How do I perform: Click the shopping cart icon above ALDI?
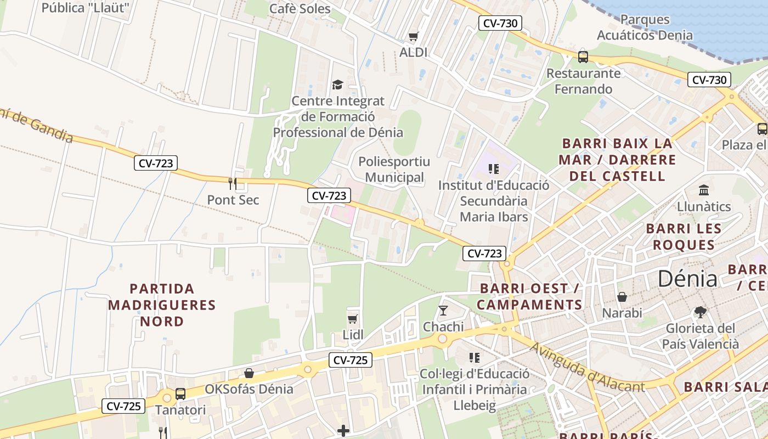tap(413, 36)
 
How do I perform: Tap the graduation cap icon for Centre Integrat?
tap(337, 85)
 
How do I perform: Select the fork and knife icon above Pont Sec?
tap(233, 183)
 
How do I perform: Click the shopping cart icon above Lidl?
tap(353, 318)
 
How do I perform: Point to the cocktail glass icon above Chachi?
tap(443, 311)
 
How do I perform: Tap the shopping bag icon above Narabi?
tap(622, 297)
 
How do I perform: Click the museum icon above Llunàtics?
tap(704, 190)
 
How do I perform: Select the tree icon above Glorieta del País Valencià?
tap(700, 312)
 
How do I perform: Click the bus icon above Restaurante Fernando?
tap(583, 57)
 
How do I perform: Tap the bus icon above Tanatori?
tap(180, 393)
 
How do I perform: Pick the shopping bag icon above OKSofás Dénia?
tap(249, 373)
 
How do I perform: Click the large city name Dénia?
tap(687, 279)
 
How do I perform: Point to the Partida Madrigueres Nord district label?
tap(162, 305)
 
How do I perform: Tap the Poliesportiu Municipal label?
tap(394, 170)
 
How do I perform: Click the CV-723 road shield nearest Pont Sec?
tap(156, 163)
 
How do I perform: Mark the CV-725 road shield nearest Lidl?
tap(351, 360)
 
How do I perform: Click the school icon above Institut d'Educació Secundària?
tap(493, 169)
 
